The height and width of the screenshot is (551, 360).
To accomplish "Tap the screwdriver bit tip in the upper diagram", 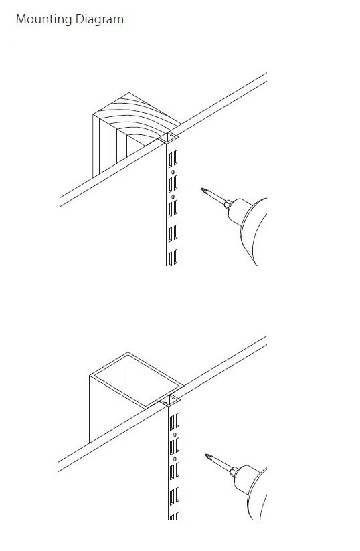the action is (203, 190).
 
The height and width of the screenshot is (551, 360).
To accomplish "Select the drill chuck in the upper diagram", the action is (228, 204).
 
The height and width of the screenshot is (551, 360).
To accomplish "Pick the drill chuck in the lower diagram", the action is (234, 471).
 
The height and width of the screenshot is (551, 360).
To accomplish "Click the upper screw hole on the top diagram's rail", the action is (173, 172).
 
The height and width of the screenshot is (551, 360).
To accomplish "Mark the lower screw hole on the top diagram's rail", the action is (173, 197).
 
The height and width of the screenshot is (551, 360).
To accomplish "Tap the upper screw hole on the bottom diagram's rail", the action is (175, 435).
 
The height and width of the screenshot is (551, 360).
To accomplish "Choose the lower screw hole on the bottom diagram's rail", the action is (175, 459).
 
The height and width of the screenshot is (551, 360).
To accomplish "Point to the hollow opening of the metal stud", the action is (138, 380).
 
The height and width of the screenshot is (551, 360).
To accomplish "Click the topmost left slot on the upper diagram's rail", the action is (170, 160).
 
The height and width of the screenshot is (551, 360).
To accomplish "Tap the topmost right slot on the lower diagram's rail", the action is (178, 421).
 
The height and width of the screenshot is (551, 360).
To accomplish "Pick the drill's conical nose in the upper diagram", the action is (239, 211).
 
